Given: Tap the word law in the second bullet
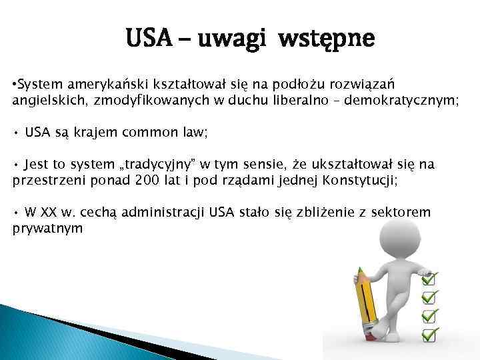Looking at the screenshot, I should [195, 133].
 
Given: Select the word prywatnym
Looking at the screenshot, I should [47, 229].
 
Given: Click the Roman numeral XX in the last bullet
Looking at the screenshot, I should [49, 213].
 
